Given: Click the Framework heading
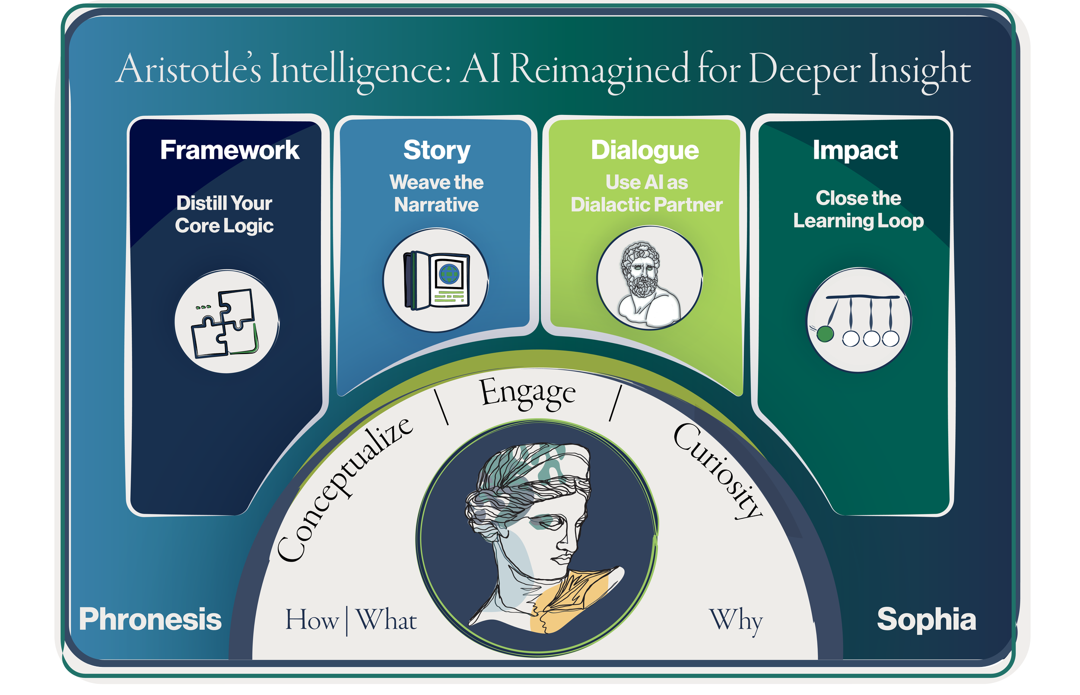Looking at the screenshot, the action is (229, 150).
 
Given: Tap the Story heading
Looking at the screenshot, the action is (437, 150).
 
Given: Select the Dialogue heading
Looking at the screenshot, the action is (645, 150).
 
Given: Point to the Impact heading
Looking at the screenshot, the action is (854, 150).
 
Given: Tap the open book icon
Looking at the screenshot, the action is (436, 280).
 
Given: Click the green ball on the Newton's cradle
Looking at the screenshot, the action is (826, 335).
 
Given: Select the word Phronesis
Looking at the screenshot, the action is (150, 619).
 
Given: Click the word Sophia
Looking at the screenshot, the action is (926, 619).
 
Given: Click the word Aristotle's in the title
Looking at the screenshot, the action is (189, 70).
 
